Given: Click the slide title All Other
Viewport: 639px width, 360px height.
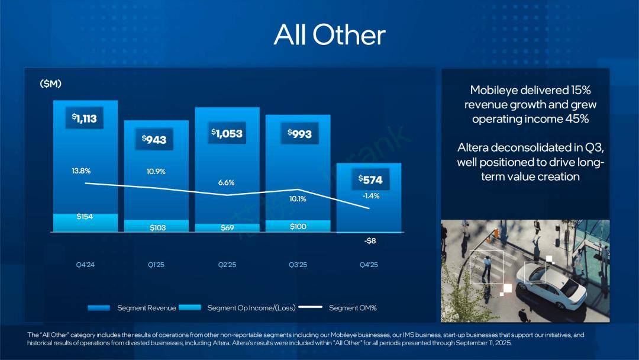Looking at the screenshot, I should coord(330,36).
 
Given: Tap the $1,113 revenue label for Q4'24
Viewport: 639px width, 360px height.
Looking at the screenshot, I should coord(83,118).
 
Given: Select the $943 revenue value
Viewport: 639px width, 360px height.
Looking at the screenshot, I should coord(154,140).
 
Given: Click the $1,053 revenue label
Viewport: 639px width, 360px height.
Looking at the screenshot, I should coord(227,133).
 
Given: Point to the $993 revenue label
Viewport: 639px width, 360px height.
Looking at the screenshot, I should coord(299,134).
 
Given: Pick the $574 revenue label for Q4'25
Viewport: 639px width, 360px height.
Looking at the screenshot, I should coord(370,179).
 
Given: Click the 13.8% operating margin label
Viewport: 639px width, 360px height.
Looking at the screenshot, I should coord(81,171).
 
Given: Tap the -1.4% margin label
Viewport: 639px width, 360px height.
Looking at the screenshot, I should coord(371,196).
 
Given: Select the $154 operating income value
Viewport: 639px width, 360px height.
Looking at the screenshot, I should coord(85,217).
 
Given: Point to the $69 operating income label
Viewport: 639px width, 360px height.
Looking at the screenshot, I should coord(227,228).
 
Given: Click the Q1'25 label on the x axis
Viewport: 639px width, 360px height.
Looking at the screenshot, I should coord(156,265).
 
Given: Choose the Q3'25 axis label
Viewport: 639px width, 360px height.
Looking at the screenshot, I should coord(298,265).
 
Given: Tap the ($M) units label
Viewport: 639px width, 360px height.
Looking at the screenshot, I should coord(51,84).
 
